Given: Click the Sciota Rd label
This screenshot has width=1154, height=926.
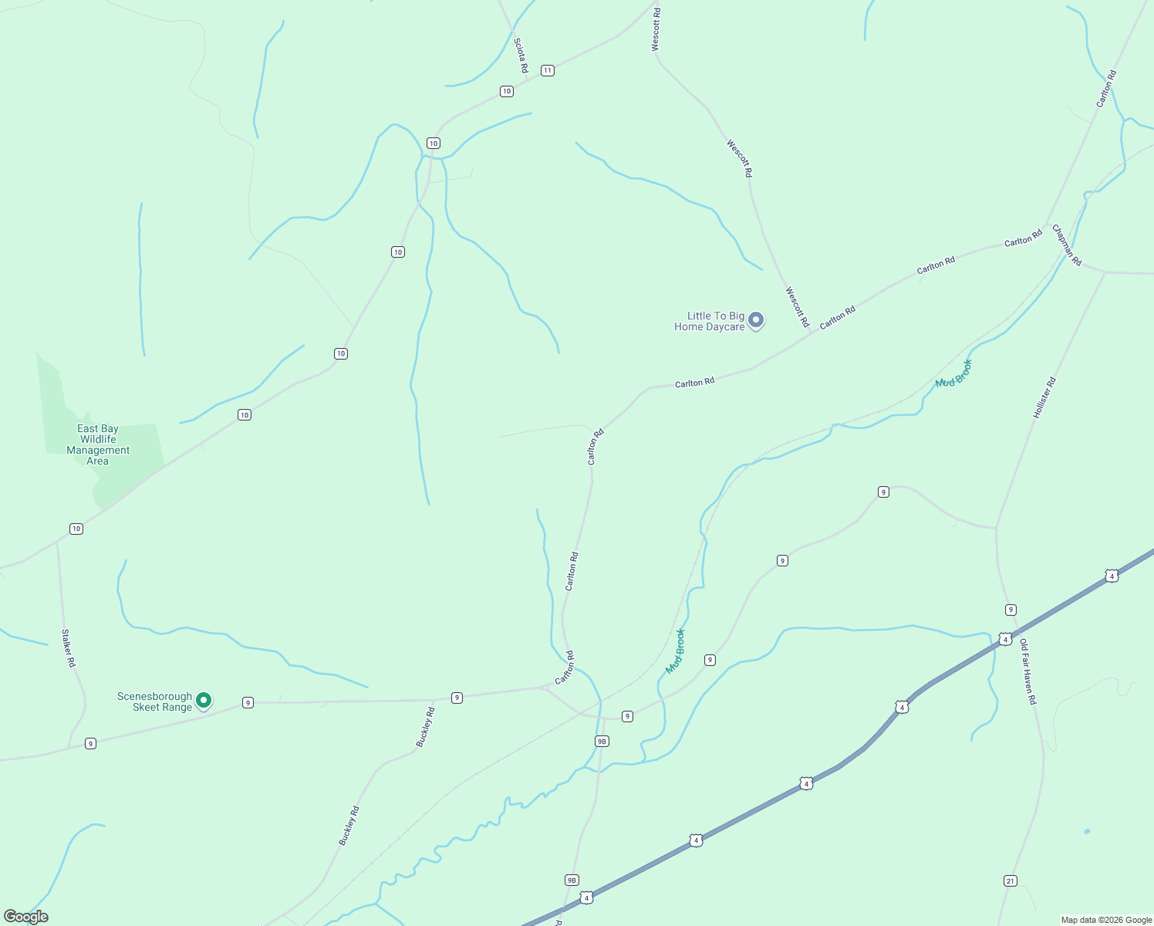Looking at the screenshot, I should coord(521,56).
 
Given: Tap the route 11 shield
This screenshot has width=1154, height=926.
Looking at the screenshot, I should coord(547,70).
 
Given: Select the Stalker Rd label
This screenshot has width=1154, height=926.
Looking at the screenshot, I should coord(69,648).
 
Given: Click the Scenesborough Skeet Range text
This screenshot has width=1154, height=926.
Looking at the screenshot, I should coord(154,701).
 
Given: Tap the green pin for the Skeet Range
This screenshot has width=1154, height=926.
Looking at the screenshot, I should coord(204,700).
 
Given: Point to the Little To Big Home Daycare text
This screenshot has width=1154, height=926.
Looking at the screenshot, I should coord(710,321).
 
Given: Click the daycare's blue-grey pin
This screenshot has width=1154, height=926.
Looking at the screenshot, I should coord(757,319).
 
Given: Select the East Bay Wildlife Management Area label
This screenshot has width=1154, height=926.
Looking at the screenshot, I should coord(98,444).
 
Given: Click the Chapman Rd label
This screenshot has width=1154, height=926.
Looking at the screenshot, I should coord(1067,245).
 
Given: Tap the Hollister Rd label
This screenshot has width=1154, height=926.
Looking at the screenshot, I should coord(1044,398).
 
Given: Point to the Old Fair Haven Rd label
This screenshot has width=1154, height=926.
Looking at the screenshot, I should coord(1028,671).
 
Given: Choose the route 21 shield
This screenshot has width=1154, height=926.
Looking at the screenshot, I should coord(1011,880).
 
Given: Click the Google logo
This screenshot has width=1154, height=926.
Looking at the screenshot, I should coord(26,917).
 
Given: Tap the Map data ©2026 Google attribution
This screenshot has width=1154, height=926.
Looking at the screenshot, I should coord(1106,920).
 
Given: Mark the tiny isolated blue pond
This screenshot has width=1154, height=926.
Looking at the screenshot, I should coord(1087,831).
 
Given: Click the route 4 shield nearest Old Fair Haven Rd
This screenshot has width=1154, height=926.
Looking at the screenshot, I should coord(1005,639).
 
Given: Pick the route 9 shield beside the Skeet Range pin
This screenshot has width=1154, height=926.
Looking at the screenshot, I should coord(248,702).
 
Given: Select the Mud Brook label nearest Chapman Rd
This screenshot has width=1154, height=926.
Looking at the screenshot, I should coord(953,373).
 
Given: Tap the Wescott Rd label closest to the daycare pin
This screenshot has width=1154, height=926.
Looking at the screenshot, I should coord(797,306).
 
